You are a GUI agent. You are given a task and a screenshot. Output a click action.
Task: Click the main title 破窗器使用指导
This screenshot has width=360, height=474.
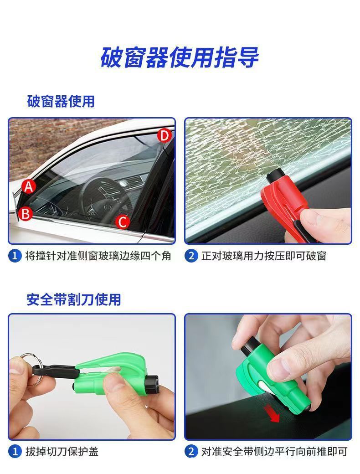click(180, 57)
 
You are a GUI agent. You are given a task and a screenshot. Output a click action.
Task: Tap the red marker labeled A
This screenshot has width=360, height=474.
click(29, 186)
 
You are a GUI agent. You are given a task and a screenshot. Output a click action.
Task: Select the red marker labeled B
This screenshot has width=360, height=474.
click(26, 213)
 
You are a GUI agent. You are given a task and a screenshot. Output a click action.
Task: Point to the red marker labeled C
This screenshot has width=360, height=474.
click(123, 222)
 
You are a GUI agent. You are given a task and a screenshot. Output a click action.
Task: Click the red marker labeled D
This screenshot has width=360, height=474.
click(164, 135)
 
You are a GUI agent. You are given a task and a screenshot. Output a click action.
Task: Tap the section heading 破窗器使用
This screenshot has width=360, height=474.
click(61, 101)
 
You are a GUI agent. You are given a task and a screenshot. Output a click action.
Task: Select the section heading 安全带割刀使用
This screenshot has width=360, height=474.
click(74, 299)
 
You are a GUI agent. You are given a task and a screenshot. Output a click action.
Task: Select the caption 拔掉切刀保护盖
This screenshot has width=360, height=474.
click(62, 451)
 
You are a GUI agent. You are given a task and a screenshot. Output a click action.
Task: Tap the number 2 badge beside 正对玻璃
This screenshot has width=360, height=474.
click(191, 256)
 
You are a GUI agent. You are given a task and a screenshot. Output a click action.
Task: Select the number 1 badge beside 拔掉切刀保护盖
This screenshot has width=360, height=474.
click(15, 451)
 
